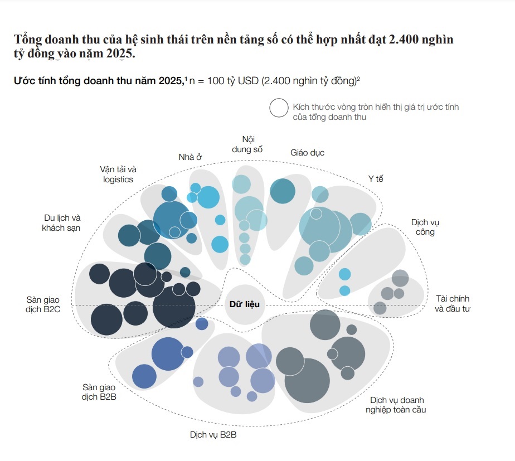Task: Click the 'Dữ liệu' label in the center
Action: point(244,304)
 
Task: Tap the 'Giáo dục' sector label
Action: point(308,153)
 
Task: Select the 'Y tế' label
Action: point(376,179)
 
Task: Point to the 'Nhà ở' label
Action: point(190,157)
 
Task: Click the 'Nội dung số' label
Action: point(247,144)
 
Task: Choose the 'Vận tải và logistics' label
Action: point(118,174)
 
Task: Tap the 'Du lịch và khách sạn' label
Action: point(61,223)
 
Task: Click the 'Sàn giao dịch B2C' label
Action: point(43,304)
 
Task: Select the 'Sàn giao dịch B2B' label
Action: point(99,392)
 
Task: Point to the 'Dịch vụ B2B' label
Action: point(213,435)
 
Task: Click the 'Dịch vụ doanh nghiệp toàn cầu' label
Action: point(396,405)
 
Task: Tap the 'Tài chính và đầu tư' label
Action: point(453,304)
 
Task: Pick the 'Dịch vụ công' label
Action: point(425,227)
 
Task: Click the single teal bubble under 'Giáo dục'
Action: point(283,191)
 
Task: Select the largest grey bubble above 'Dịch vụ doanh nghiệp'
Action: point(307,381)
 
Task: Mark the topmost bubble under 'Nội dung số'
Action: point(241,184)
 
